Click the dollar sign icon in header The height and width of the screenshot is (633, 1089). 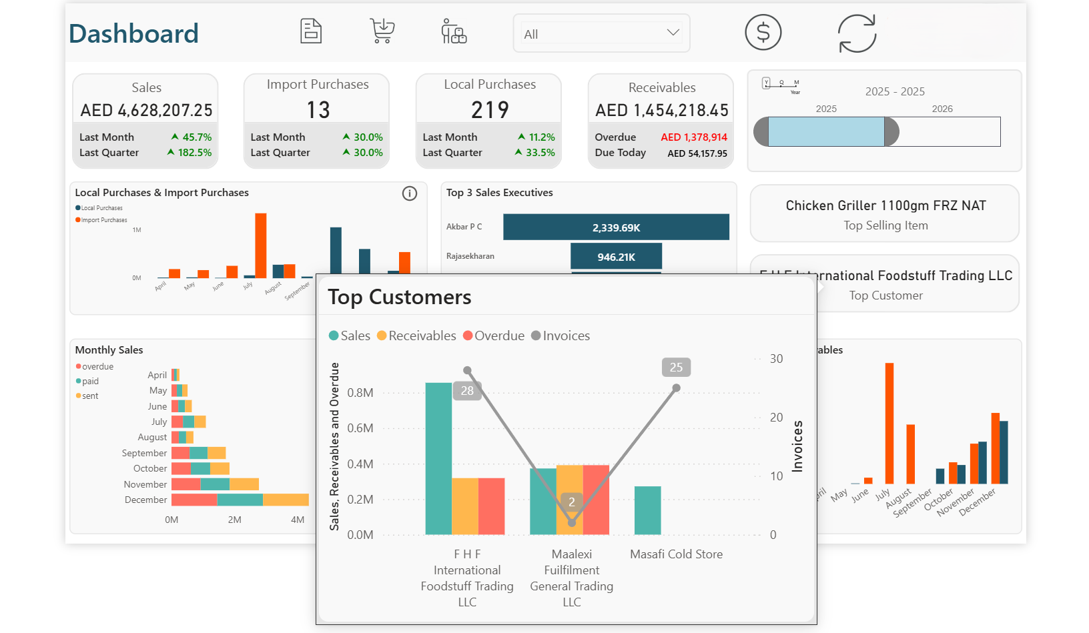[x=763, y=33]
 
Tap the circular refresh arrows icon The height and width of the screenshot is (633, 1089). [x=857, y=33]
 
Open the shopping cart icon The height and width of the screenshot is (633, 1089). [x=382, y=31]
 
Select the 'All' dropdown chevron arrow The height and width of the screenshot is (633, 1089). [x=673, y=33]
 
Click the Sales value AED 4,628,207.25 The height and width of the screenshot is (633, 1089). [x=146, y=110]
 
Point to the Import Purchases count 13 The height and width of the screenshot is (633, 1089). [x=318, y=110]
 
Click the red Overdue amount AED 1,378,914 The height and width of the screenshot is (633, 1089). [x=693, y=137]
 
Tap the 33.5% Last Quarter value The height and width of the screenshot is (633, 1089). [x=540, y=152]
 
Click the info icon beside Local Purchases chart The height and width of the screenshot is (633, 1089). [x=409, y=193]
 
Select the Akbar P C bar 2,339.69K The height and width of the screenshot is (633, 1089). [x=615, y=227]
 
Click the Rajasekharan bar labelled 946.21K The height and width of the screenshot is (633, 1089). [x=615, y=257]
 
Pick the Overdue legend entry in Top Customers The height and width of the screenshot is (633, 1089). [x=493, y=336]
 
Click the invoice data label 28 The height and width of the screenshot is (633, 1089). [x=467, y=391]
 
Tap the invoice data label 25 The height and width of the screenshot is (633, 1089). [x=676, y=368]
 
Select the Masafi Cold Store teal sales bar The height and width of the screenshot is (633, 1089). [x=647, y=510]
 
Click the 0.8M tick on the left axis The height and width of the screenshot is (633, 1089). [x=360, y=393]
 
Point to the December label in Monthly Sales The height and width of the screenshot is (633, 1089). [x=145, y=500]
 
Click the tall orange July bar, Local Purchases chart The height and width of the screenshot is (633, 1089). [x=260, y=245]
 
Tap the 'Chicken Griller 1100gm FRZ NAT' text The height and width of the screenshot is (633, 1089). [x=885, y=205]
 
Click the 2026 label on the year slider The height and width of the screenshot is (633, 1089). [x=942, y=109]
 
